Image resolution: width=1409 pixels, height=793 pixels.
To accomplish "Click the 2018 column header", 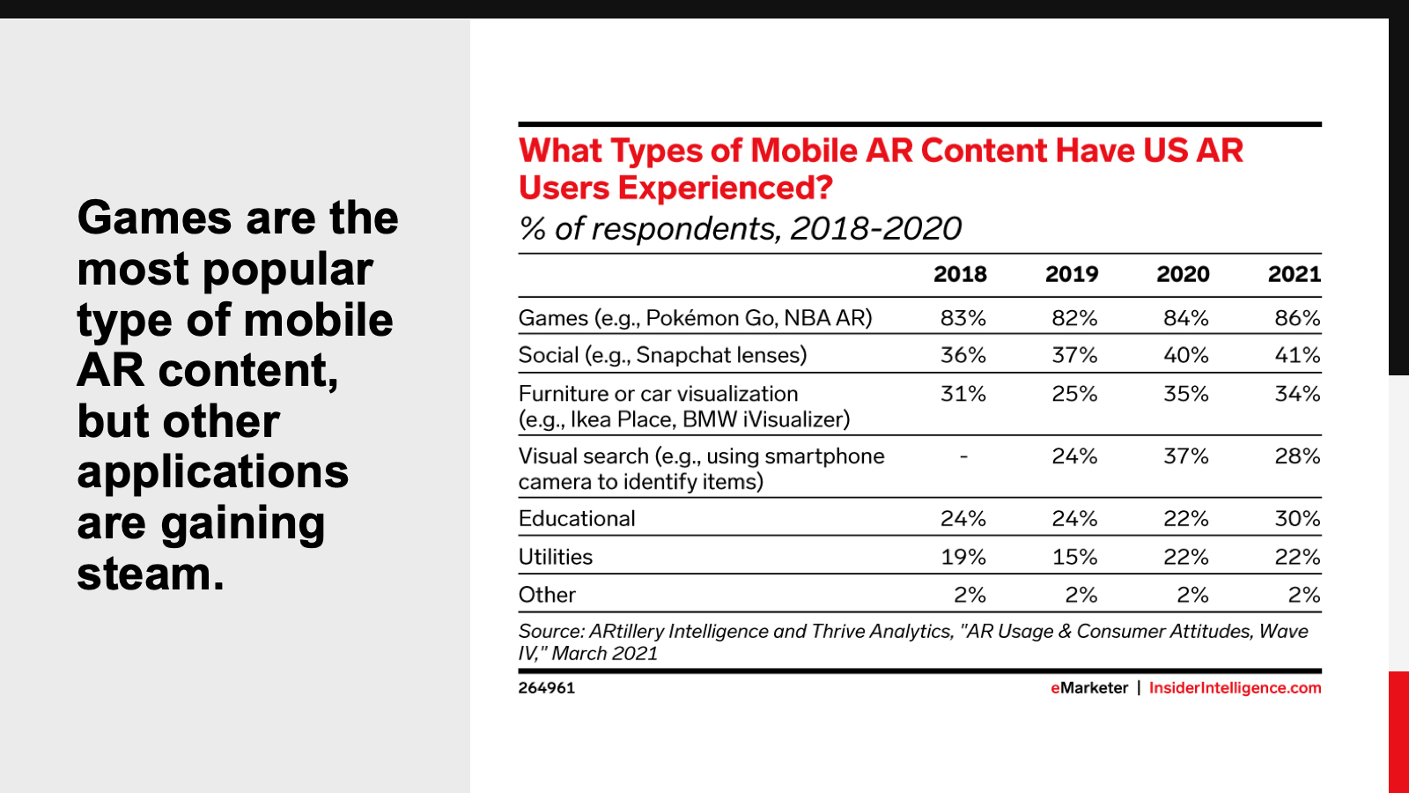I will tap(960, 274).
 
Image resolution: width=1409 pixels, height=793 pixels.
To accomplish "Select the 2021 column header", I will tap(1294, 274).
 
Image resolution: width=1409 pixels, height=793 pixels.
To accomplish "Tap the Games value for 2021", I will tap(1297, 318).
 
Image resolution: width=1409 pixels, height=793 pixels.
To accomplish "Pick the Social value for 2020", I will tap(1185, 355).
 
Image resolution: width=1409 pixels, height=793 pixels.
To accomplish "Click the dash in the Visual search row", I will tap(963, 456).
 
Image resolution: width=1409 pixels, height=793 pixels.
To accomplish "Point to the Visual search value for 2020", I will tap(1185, 456).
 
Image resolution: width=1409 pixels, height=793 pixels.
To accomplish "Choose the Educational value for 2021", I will tap(1297, 519).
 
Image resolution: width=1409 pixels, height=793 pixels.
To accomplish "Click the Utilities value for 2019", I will tap(1074, 557).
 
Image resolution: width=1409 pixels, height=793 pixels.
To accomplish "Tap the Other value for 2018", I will tap(970, 595).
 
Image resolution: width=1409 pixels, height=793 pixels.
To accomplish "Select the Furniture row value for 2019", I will tap(1074, 394).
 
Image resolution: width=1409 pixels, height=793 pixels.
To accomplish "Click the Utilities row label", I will tap(555, 557).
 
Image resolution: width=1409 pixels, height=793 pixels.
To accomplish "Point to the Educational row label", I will tap(577, 519).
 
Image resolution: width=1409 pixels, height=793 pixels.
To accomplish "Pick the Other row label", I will tap(547, 595).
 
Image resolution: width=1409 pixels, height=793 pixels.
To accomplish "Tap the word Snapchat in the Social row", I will tap(676, 355).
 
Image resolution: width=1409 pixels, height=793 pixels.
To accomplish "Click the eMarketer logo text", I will tap(1089, 688).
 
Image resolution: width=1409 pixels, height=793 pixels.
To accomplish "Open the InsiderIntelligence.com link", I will tap(1235, 688).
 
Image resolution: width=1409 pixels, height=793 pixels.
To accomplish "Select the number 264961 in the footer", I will tap(546, 688).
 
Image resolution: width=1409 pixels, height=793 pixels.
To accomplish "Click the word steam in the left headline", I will tap(150, 574).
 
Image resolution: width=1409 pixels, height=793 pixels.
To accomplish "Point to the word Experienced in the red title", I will tap(725, 188).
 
